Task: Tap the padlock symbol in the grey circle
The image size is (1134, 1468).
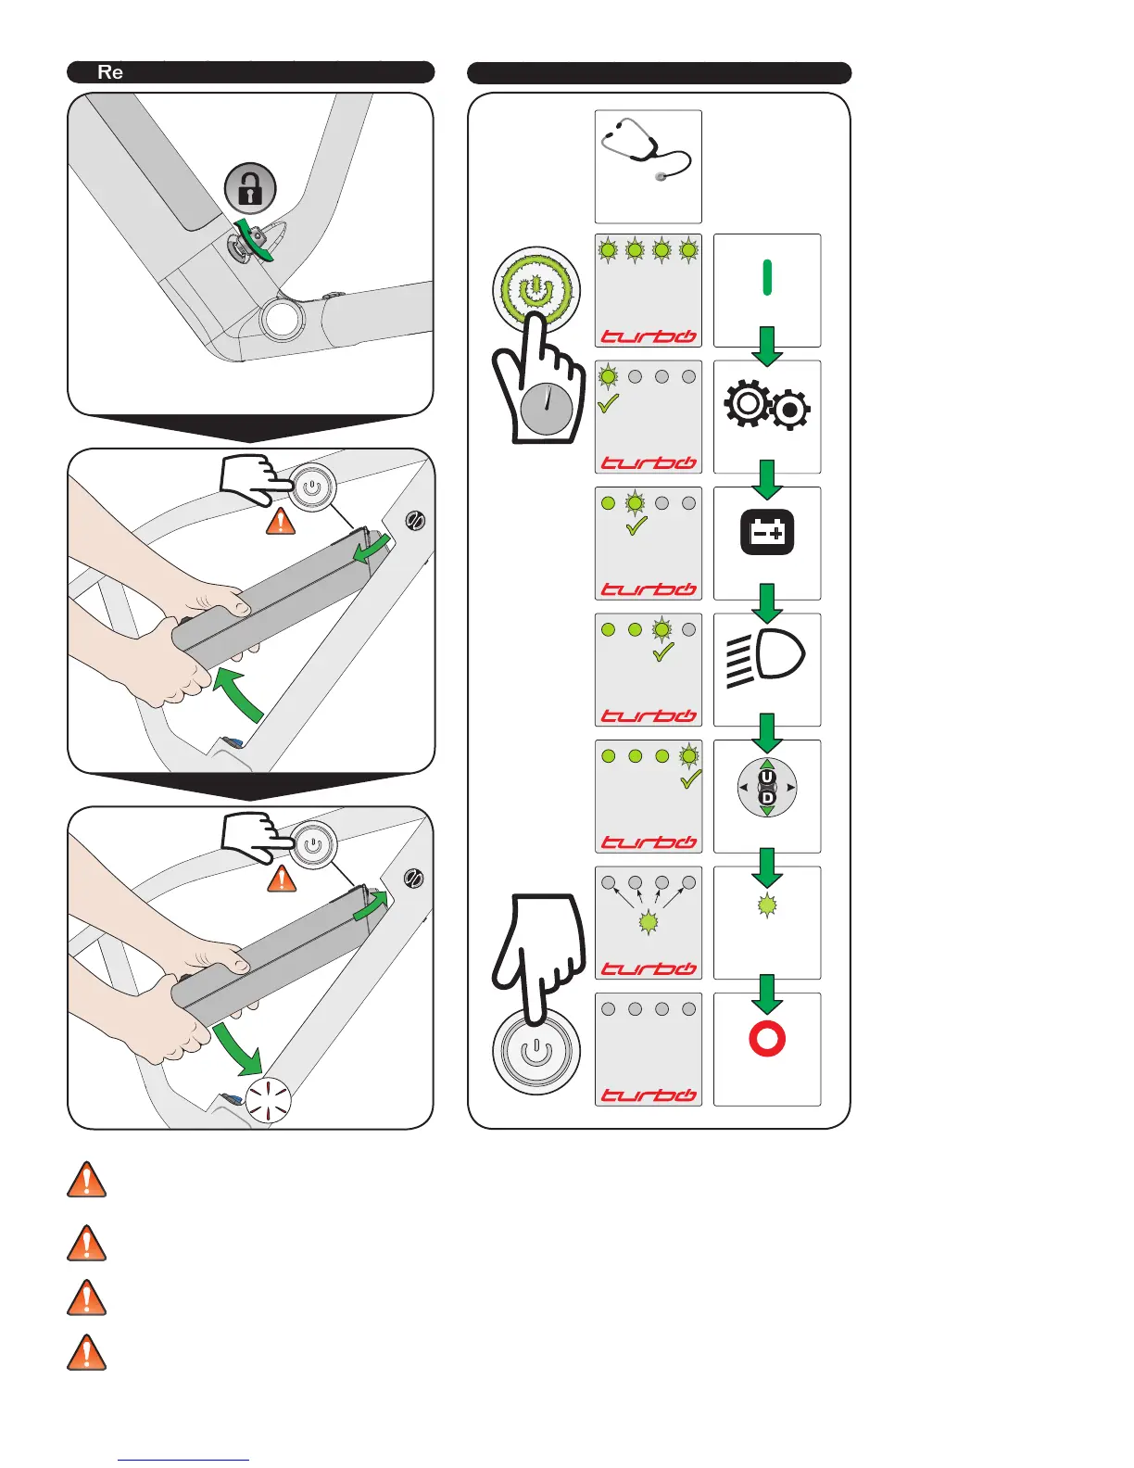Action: point(250,188)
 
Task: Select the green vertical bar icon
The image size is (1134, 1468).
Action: point(767,277)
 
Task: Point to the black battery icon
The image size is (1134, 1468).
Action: point(767,532)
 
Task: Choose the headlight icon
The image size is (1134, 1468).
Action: point(765,659)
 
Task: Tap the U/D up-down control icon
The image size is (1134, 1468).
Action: point(767,788)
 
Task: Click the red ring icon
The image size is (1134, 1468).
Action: point(767,1039)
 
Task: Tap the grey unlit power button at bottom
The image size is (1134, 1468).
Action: point(536,1053)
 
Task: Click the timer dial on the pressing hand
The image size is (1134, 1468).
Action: point(546,409)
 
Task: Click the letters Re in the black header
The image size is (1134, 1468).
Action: point(110,72)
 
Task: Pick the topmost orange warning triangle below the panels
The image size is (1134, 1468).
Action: point(87,1181)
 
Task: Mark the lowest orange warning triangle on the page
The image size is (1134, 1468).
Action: point(87,1353)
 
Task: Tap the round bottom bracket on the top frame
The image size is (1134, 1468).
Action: point(282,319)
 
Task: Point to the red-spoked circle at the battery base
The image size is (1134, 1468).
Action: point(269,1100)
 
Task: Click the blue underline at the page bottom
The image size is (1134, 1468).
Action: point(183,1460)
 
